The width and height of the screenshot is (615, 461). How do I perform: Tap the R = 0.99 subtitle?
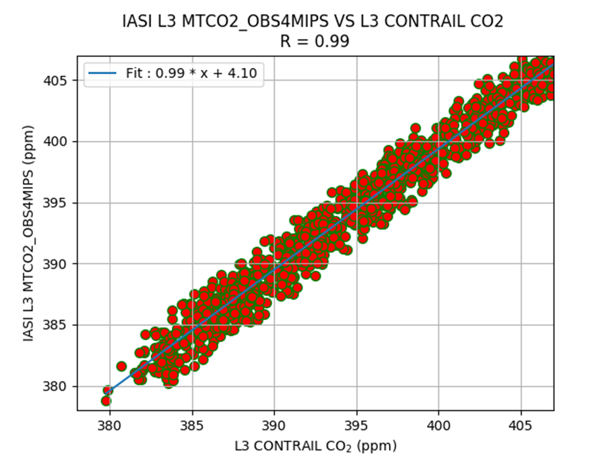click(x=313, y=42)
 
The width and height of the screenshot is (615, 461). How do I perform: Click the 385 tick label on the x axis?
click(x=192, y=425)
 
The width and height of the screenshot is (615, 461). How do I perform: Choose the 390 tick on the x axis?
click(x=274, y=425)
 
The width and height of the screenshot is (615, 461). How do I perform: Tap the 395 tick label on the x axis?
click(x=357, y=425)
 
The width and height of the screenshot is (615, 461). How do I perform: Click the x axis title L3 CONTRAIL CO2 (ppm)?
click(x=315, y=444)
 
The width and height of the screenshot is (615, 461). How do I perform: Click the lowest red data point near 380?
click(x=106, y=401)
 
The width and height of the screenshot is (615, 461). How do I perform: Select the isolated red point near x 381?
click(x=122, y=366)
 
